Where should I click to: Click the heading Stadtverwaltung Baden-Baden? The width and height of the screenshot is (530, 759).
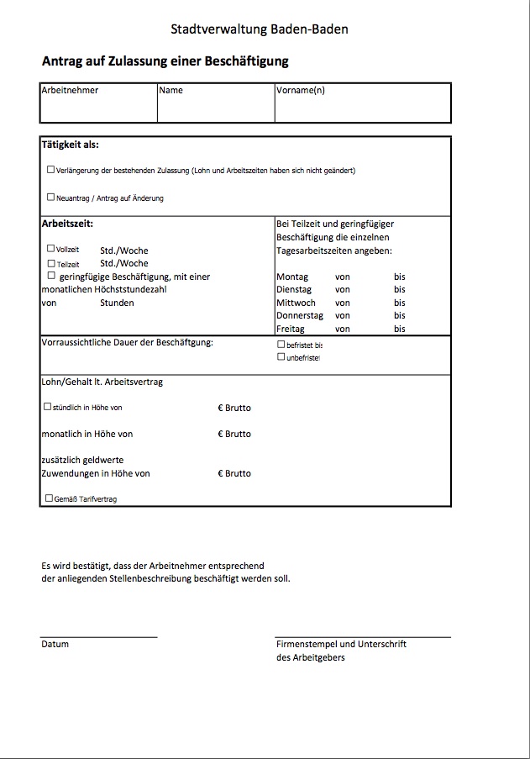[x=259, y=29]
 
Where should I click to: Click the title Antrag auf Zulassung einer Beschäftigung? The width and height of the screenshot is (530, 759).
[x=165, y=61]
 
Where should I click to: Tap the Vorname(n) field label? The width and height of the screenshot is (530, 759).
[x=300, y=90]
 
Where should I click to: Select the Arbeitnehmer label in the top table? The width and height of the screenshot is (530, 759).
[x=70, y=90]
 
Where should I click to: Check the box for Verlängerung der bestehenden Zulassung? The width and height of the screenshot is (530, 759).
[x=51, y=169]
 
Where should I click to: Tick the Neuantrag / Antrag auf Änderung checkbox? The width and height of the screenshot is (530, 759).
[x=51, y=198]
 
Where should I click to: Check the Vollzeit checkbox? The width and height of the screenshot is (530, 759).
[x=51, y=249]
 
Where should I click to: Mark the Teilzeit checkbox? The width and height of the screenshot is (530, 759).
[x=51, y=263]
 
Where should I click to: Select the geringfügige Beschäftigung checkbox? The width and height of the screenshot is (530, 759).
[x=51, y=275]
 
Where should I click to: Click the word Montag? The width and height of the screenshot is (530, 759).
[x=292, y=277]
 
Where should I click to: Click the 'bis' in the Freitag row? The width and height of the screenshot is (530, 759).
[x=399, y=329]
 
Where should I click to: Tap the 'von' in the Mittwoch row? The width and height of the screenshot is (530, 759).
[x=343, y=303]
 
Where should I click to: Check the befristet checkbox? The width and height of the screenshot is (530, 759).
[x=281, y=344]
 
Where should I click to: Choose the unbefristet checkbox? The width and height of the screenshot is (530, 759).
[x=281, y=356]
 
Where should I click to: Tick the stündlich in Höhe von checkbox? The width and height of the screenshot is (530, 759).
[x=47, y=406]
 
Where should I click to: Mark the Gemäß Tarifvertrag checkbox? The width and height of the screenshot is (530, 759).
[x=49, y=498]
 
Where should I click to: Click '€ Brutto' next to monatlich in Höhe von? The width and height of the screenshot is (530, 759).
[x=234, y=435]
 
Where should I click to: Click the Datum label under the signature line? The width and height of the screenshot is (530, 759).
[x=55, y=644]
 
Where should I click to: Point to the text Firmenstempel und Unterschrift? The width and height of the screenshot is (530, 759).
[x=341, y=644]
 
